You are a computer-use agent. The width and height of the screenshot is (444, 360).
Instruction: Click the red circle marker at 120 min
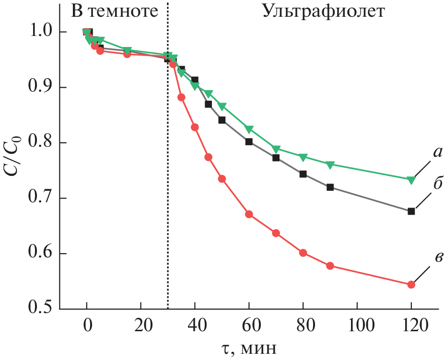tap(411, 285)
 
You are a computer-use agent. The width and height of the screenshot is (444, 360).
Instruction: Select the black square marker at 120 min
tap(411, 211)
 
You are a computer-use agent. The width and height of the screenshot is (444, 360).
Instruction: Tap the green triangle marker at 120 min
tap(411, 180)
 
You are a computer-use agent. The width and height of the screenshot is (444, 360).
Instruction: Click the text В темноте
tap(114, 12)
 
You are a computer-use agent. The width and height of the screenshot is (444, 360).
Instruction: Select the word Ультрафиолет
tap(323, 12)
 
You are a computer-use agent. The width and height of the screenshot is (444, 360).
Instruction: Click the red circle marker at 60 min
tap(249, 214)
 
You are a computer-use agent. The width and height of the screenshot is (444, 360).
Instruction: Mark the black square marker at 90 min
tap(330, 187)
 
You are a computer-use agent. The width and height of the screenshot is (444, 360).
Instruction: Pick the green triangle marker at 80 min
tap(303, 157)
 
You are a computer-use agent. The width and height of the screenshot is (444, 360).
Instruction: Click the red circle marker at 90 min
tap(330, 266)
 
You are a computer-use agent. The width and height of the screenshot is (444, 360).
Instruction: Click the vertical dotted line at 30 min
tap(168, 192)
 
